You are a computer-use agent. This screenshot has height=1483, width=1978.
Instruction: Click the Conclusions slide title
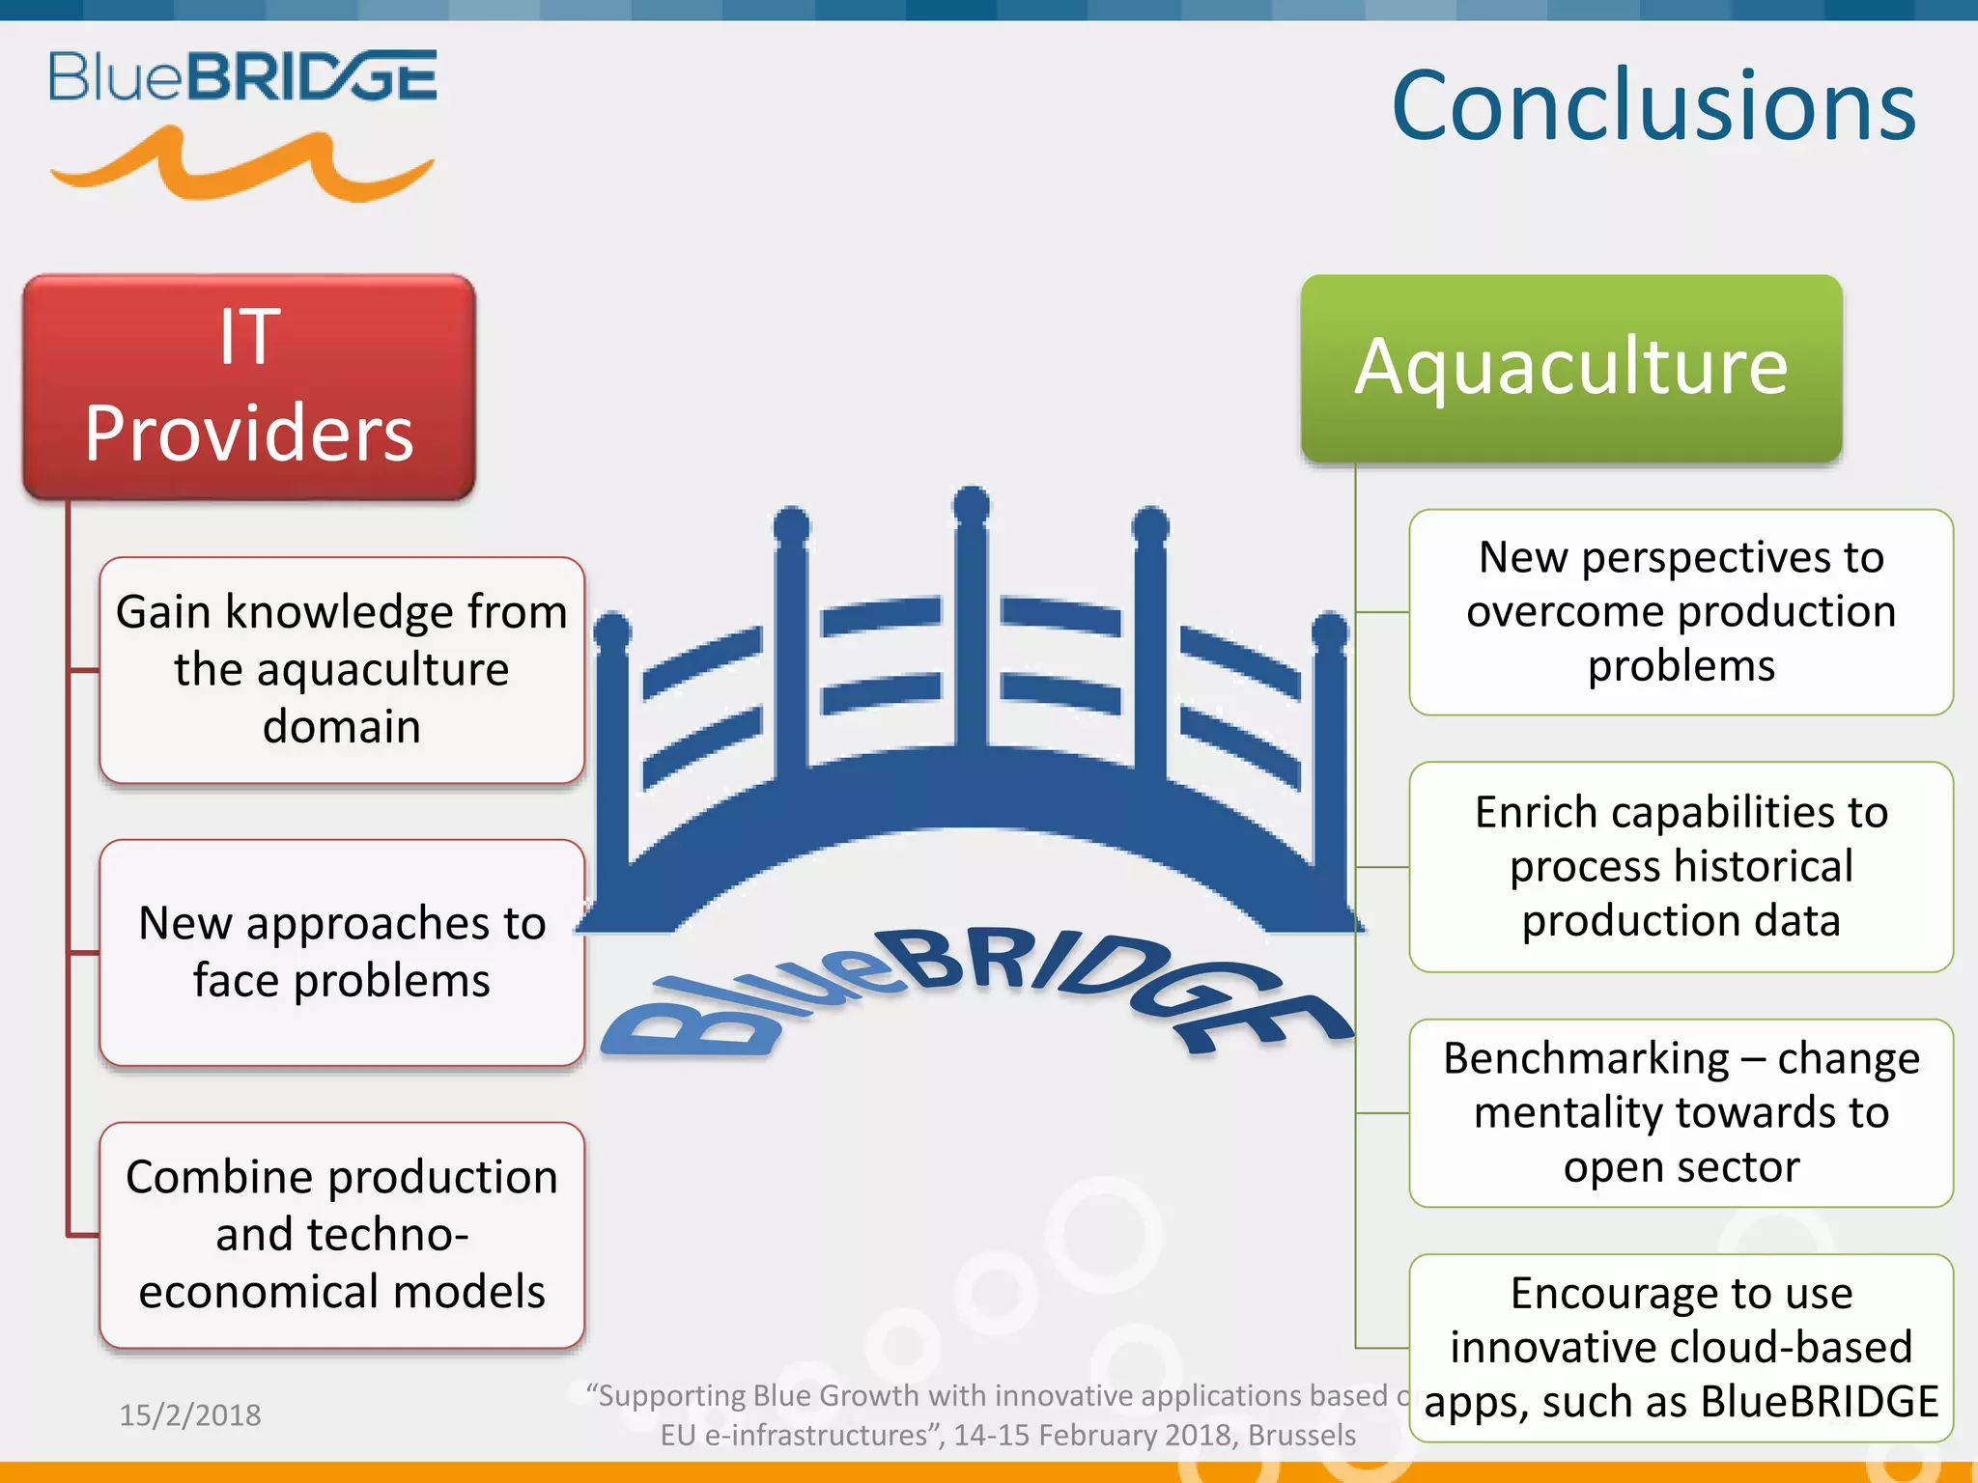tap(1653, 106)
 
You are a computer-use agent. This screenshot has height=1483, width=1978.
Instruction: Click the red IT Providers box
tap(249, 386)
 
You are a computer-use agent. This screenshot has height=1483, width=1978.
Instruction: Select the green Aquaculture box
tap(1571, 368)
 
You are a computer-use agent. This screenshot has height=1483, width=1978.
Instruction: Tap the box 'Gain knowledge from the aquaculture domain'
tap(342, 669)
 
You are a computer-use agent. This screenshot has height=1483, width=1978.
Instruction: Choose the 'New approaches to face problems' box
tap(342, 952)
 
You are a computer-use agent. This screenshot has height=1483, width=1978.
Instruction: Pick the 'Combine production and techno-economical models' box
tap(342, 1234)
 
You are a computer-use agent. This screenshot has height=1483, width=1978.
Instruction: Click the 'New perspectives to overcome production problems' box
tap(1681, 611)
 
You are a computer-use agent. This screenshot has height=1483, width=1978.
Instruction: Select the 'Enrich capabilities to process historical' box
tap(1681, 866)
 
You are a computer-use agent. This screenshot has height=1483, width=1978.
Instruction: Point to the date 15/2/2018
tap(190, 1415)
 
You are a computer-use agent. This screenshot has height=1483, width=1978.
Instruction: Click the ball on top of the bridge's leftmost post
tap(611, 631)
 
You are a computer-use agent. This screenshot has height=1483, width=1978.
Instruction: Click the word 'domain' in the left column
tap(342, 727)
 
